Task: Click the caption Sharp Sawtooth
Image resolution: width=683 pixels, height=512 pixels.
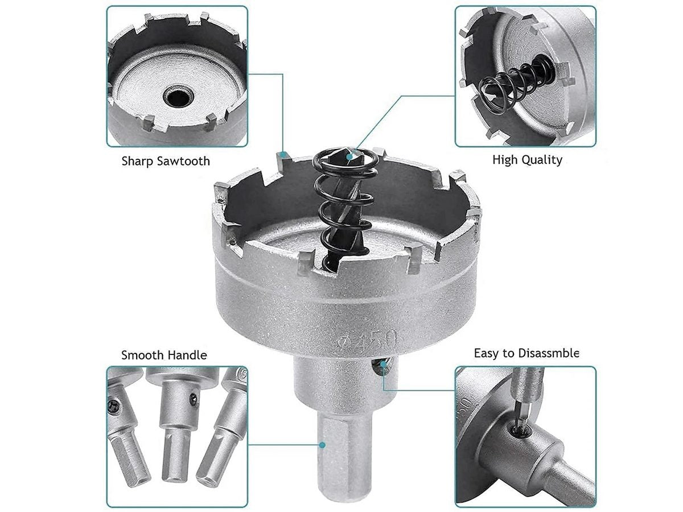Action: click(x=166, y=161)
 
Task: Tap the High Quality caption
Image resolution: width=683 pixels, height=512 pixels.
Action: click(x=526, y=160)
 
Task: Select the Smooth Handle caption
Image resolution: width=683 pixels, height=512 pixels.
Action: click(x=164, y=356)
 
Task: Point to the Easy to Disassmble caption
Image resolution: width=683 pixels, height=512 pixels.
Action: click(x=526, y=353)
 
